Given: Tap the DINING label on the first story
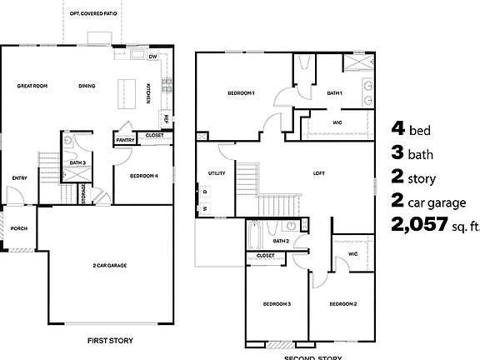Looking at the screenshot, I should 87,86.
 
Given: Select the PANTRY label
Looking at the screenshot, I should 126,140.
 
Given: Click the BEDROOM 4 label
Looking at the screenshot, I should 143,176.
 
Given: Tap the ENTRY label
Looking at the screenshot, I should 20,177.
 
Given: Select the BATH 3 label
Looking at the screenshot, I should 77,162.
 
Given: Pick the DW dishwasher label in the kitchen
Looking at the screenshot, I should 153,57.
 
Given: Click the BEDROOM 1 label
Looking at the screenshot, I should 242,93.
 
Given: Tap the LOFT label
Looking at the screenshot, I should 317,173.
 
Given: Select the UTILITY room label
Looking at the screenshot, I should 217,174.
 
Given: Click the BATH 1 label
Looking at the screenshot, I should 335,93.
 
